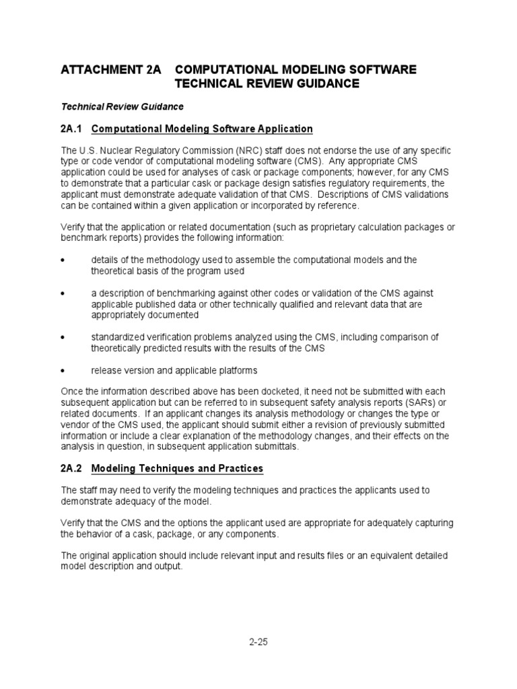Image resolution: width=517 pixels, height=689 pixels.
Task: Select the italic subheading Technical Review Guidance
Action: [x=122, y=106]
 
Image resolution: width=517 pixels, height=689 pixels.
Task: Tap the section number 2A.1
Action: [x=71, y=129]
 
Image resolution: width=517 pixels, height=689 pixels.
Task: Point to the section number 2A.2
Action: [x=71, y=468]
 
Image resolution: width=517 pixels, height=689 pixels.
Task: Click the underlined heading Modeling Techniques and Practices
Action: [x=177, y=468]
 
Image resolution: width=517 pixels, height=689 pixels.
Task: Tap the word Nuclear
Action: [x=110, y=151]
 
